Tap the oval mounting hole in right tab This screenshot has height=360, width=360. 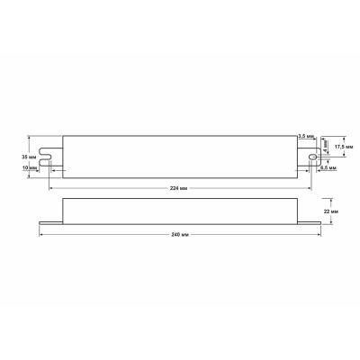[312, 155]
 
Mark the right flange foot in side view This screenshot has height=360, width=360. [310, 221]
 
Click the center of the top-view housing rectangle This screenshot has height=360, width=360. [180, 154]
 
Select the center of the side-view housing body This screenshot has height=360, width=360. [180, 211]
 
